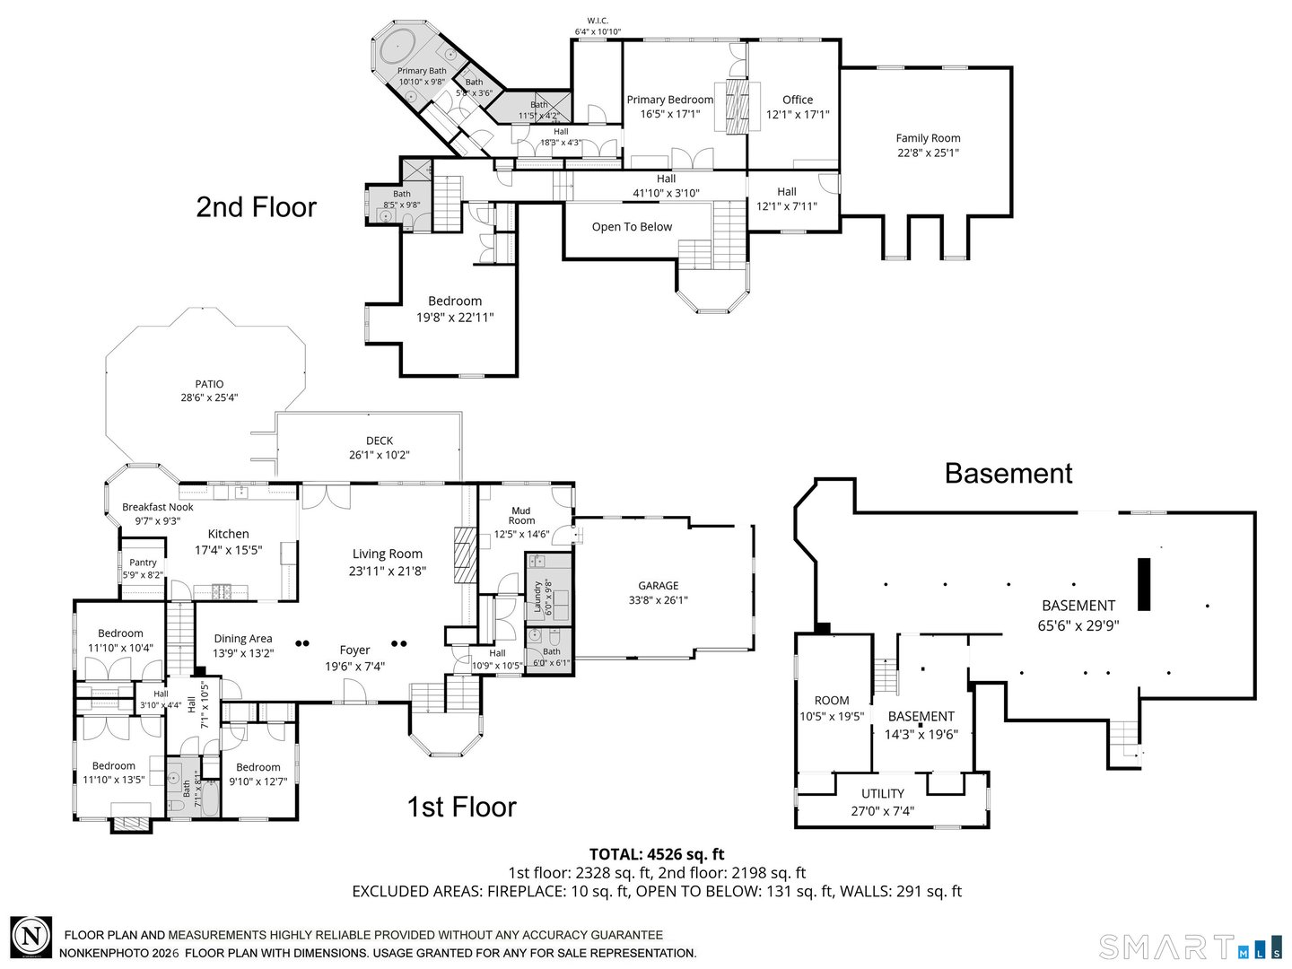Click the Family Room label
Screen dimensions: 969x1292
pos(928,138)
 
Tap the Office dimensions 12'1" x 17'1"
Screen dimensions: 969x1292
pos(797,115)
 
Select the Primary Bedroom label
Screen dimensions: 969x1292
pos(669,100)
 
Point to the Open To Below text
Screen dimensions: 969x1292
pos(632,227)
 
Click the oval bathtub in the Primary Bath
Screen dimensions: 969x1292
pos(396,45)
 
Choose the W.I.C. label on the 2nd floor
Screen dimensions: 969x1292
pos(598,21)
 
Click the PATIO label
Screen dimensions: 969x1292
pos(209,384)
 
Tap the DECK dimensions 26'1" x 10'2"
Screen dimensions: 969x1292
pos(380,455)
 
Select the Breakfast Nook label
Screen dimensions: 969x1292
pos(158,507)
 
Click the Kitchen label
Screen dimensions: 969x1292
pos(228,534)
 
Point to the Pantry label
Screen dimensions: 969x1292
pos(143,563)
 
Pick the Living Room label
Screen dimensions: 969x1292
pos(387,554)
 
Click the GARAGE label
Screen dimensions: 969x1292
pos(658,586)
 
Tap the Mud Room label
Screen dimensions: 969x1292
pos(521,516)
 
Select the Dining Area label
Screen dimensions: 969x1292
pos(242,639)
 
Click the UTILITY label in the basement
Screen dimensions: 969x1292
pos(883,793)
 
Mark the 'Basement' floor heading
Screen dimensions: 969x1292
pos(1008,473)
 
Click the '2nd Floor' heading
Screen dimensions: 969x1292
pos(256,207)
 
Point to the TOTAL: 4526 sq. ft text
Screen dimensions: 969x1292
pos(656,854)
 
